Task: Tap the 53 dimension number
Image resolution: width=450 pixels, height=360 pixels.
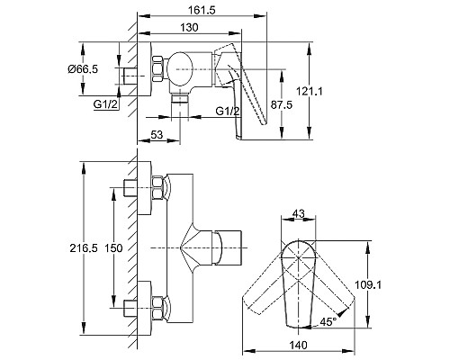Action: pos(157,135)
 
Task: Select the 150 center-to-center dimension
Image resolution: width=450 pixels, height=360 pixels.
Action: pos(113,246)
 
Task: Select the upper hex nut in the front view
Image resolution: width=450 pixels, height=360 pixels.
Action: pos(160,188)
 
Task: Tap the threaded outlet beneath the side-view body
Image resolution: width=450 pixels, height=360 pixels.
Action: pos(182,106)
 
